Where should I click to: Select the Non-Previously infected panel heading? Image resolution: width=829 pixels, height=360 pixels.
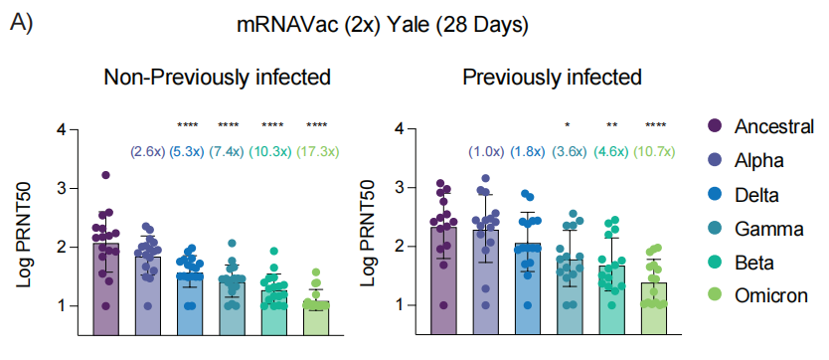(x=218, y=78)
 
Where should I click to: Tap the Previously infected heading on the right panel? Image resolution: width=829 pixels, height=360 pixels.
(x=552, y=78)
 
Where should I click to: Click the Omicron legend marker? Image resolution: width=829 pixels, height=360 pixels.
(x=715, y=295)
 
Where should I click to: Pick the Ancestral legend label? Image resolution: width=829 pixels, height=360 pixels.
(x=774, y=127)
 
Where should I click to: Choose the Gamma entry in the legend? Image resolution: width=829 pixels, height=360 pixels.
(x=769, y=229)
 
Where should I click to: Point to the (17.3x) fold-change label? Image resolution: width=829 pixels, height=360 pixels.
(x=318, y=152)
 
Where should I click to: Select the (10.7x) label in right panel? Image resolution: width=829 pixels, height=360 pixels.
(x=655, y=152)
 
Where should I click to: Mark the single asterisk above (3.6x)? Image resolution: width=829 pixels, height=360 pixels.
(x=568, y=125)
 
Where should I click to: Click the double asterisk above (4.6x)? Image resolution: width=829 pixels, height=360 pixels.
(x=611, y=125)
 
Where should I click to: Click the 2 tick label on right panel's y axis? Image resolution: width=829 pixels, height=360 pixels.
(x=400, y=247)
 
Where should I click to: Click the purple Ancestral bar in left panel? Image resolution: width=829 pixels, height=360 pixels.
(x=105, y=288)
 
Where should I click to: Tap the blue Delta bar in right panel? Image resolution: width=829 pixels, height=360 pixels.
(x=527, y=288)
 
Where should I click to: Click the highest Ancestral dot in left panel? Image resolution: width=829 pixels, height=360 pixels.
(x=105, y=175)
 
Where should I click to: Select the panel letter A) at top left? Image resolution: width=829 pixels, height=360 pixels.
(x=21, y=24)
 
